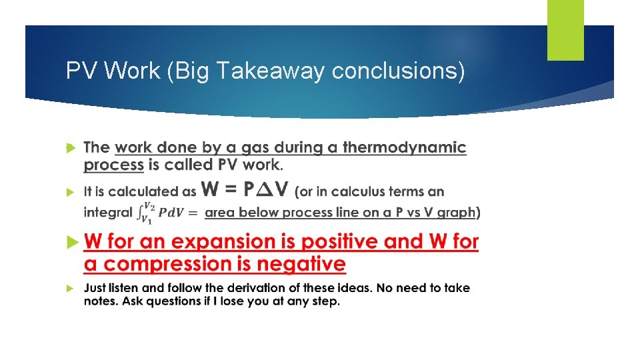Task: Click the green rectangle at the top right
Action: pos(565,30)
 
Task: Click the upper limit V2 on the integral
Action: pos(151,205)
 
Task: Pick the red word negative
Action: pos(304,264)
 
